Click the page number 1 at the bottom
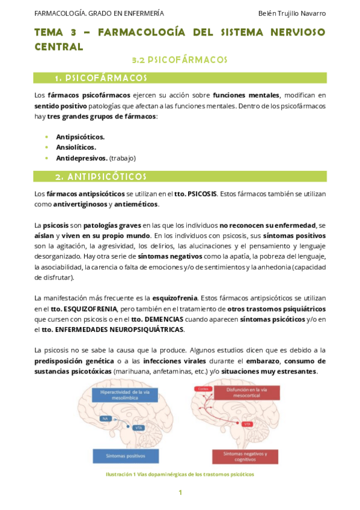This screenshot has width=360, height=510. point(180,493)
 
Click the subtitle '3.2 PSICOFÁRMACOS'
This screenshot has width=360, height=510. point(179,60)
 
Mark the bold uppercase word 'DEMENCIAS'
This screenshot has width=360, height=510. point(162,318)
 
